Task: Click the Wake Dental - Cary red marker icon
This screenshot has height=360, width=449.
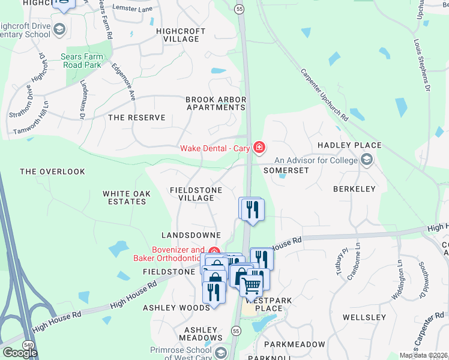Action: pyautogui.click(x=259, y=147)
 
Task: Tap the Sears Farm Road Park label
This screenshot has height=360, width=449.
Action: pyautogui.click(x=91, y=61)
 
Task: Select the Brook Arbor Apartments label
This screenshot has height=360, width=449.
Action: pyautogui.click(x=215, y=103)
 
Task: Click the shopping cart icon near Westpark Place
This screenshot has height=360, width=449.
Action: pyautogui.click(x=252, y=285)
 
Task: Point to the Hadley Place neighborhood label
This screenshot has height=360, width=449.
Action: pyautogui.click(x=349, y=145)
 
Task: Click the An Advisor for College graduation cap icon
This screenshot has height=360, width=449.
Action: pyautogui.click(x=366, y=160)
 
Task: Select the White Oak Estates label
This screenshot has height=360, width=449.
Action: pyautogui.click(x=124, y=197)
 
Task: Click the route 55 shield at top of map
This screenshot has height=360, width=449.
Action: pyautogui.click(x=240, y=9)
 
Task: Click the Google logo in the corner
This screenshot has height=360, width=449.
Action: pyautogui.click(x=20, y=352)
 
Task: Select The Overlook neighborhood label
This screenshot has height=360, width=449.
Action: pyautogui.click(x=52, y=172)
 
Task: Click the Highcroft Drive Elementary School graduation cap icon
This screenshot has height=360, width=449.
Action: pyautogui.click(x=59, y=29)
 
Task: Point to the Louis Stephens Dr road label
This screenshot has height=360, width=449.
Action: pyautogui.click(x=421, y=65)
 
